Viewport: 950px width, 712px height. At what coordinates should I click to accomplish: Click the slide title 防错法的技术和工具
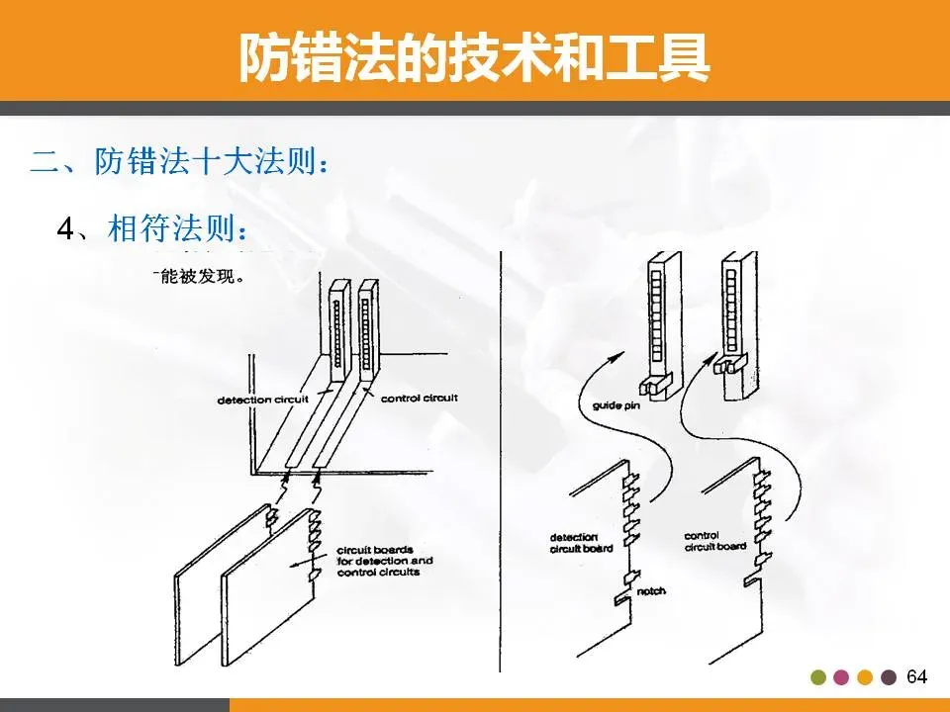tap(474, 57)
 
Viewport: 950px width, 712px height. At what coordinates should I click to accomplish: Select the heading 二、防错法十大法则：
tap(178, 161)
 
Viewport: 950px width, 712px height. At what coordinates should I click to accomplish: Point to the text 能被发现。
tap(198, 276)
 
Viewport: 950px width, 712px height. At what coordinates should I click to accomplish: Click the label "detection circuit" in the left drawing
tap(263, 400)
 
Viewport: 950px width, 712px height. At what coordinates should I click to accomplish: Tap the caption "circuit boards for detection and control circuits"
tap(384, 560)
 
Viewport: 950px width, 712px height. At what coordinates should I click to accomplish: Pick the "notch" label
tap(651, 591)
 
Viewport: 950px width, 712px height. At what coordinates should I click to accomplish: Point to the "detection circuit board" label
tap(581, 542)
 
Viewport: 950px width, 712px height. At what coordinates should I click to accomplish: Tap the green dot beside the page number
tap(817, 677)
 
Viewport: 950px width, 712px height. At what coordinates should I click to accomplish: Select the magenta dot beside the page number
tap(841, 677)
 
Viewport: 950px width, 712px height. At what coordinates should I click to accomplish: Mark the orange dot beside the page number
tap(865, 677)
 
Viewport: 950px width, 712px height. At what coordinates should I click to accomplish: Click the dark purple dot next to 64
tap(889, 677)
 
